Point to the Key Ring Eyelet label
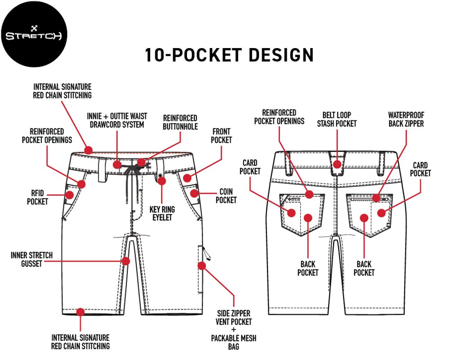[x=162, y=213]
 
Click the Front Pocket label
[x=222, y=136]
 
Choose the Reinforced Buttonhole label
[x=180, y=122]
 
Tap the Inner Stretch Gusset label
[x=31, y=259]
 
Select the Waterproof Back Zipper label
[x=406, y=119]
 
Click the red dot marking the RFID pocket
[x=70, y=195]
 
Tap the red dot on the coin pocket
[x=194, y=194]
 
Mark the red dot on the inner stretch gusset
[x=126, y=261]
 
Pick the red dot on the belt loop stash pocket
[x=337, y=164]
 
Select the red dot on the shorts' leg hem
[x=80, y=312]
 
